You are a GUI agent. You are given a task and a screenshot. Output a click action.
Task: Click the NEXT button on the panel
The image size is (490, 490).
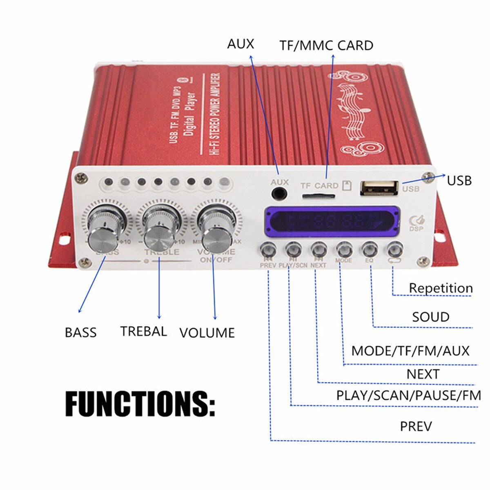318,249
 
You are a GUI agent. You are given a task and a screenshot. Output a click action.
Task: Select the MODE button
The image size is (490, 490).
344,249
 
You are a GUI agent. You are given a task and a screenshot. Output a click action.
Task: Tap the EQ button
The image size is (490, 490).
369,249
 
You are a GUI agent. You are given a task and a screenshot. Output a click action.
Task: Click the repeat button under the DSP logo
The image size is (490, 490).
394,249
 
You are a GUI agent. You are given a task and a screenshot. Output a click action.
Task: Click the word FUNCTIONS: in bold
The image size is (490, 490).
140,403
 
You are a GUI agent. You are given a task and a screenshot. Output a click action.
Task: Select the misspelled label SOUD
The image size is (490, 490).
430,317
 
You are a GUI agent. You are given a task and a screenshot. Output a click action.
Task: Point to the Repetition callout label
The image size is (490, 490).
441,288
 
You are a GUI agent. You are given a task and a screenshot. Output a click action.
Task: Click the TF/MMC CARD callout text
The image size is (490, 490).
326,45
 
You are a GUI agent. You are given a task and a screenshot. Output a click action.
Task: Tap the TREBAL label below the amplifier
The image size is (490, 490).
144,331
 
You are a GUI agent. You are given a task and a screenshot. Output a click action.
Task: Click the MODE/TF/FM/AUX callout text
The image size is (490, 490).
410,351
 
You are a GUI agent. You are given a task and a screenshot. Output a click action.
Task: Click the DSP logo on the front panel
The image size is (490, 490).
416,223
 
